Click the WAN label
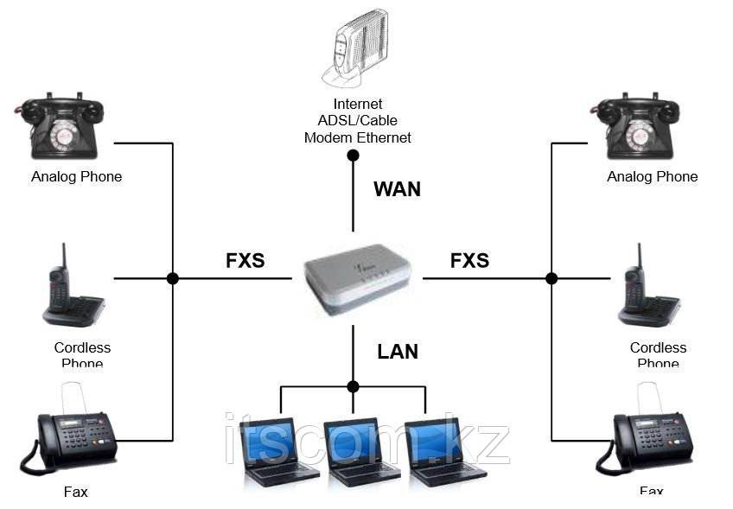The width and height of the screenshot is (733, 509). click(x=397, y=189)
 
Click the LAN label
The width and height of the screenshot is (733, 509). click(x=398, y=351)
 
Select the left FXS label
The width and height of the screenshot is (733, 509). click(x=245, y=260)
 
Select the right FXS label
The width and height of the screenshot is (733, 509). click(x=469, y=260)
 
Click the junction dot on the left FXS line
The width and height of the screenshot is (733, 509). click(x=173, y=278)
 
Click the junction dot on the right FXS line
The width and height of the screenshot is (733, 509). click(x=551, y=278)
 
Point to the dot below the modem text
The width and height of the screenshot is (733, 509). click(x=353, y=156)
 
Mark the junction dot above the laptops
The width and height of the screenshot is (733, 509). click(x=353, y=386)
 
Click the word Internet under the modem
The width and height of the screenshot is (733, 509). click(x=356, y=105)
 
